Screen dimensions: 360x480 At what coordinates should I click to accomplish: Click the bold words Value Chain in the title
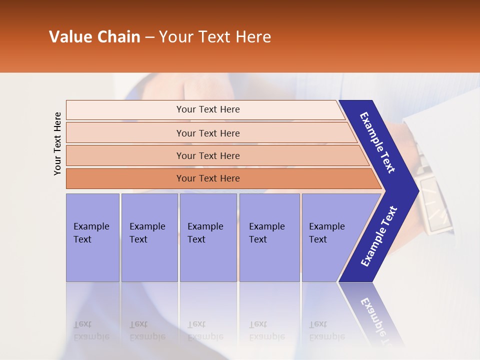click(x=94, y=37)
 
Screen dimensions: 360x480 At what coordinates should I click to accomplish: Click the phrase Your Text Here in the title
click(x=215, y=37)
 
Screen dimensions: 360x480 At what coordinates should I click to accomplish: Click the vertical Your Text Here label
click(x=57, y=143)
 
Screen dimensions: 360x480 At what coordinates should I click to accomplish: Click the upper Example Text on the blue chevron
click(x=377, y=142)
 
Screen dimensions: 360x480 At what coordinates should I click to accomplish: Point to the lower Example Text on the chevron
click(x=379, y=236)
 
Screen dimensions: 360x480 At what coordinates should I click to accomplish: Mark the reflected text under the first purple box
click(x=91, y=330)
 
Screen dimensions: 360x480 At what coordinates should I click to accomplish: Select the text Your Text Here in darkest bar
click(x=208, y=178)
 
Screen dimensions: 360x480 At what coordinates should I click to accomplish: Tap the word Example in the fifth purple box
click(x=326, y=226)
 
